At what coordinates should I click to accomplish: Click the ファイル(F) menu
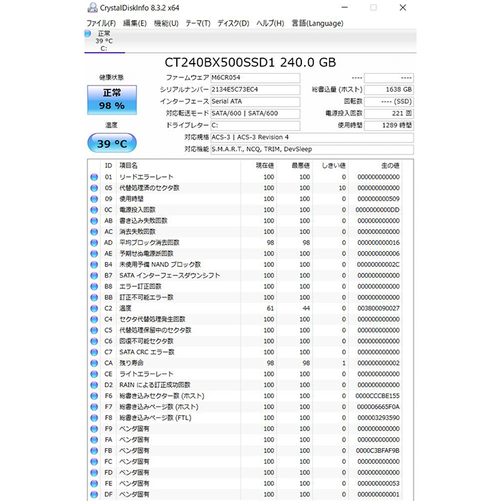(x=101, y=23)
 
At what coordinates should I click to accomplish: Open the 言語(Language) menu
(x=317, y=23)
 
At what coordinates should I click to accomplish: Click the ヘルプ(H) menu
(x=270, y=23)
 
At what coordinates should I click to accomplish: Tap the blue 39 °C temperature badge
(x=112, y=143)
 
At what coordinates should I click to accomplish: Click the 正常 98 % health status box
(x=112, y=99)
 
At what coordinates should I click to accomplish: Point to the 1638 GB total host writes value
(x=389, y=89)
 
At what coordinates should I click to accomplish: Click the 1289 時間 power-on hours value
(x=389, y=125)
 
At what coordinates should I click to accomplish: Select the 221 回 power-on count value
(x=389, y=113)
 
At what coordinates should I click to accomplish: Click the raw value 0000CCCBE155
(x=379, y=396)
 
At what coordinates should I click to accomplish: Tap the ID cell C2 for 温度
(x=109, y=308)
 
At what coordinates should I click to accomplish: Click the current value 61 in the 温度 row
(x=269, y=308)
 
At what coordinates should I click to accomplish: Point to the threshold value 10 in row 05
(x=341, y=188)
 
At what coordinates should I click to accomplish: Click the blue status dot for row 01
(x=94, y=177)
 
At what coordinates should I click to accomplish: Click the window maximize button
(x=374, y=7)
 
